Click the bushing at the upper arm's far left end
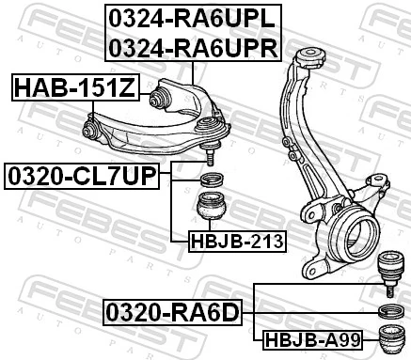(x=93, y=125)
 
